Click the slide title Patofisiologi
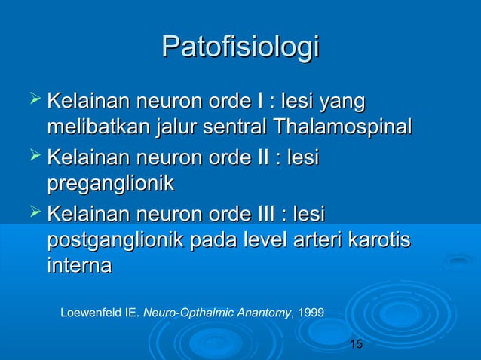240,47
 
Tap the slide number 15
357,344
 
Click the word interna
79,266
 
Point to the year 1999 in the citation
312,310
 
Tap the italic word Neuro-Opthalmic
179,310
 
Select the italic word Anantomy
255,310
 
